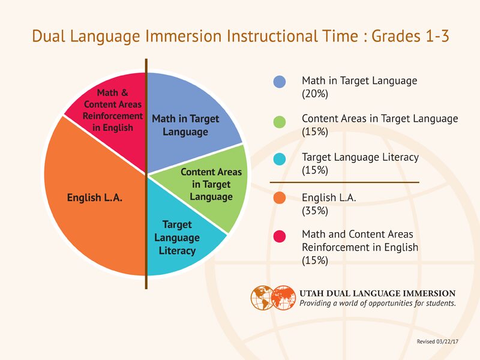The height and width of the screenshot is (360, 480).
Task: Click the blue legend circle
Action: (280, 82)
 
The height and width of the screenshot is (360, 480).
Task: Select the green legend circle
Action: (280, 122)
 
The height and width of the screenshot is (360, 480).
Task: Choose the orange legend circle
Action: (280, 199)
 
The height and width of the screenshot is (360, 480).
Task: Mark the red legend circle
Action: (280, 237)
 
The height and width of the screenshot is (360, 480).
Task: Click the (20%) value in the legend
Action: (315, 94)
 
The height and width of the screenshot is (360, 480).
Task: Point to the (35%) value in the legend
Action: (315, 211)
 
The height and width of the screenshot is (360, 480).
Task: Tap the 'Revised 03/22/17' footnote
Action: (437, 341)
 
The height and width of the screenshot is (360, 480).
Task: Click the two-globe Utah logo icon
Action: (274, 297)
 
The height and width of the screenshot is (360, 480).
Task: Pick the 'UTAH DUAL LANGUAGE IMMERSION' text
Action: (377, 293)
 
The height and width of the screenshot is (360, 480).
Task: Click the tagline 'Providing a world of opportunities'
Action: (377, 304)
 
